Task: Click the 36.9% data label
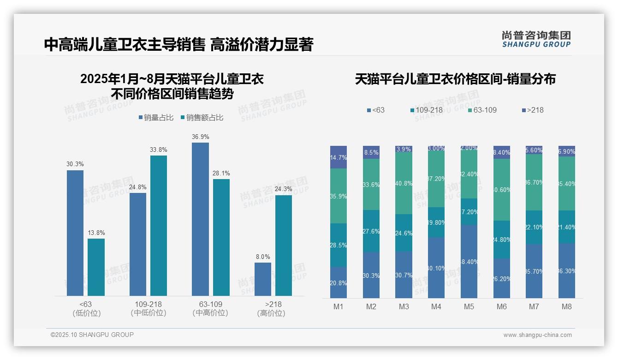click(200, 137)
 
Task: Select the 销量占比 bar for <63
click(75, 233)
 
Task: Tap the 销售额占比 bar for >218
click(284, 246)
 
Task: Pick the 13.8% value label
click(96, 233)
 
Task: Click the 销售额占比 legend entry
click(202, 118)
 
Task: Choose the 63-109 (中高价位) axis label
click(210, 309)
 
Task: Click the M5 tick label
click(469, 307)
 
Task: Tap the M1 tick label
click(338, 307)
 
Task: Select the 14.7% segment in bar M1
click(339, 157)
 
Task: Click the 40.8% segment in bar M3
click(404, 183)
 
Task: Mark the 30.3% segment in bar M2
click(371, 275)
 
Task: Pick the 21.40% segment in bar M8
click(567, 227)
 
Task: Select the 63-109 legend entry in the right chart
click(482, 110)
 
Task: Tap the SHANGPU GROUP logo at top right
click(536, 39)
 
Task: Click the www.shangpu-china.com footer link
click(537, 335)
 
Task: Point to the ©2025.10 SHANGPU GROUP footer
click(92, 335)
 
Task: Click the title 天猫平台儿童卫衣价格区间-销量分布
click(455, 79)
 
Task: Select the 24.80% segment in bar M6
click(501, 240)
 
